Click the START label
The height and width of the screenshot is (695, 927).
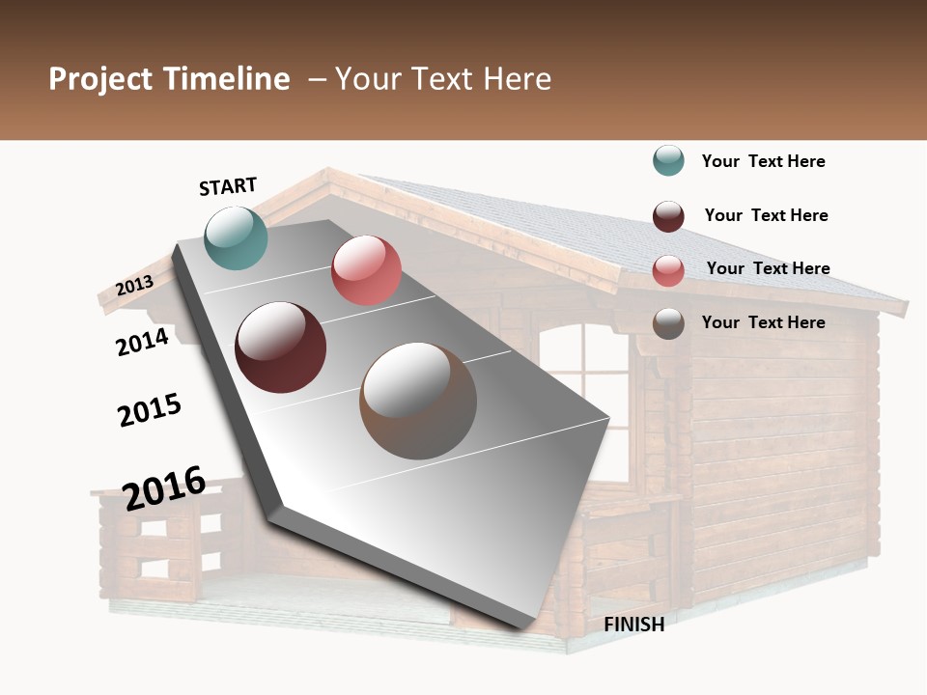tap(228, 186)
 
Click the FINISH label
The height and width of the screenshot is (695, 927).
tap(634, 625)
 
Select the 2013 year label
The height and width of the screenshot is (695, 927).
tap(134, 286)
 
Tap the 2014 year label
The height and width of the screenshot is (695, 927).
tap(143, 342)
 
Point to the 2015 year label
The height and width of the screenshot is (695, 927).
tap(150, 409)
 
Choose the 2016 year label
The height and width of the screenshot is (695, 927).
tap(164, 487)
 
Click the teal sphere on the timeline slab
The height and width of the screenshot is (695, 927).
tap(237, 237)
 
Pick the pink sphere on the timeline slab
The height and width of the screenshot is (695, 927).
tap(366, 270)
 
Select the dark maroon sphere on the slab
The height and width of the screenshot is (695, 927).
tap(281, 347)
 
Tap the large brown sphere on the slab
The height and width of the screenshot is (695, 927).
tap(418, 401)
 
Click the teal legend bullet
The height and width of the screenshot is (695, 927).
tap(668, 161)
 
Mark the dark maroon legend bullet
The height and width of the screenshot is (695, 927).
tap(668, 216)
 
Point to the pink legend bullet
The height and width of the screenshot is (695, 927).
tap(668, 270)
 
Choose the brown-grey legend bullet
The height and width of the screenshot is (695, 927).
tap(668, 323)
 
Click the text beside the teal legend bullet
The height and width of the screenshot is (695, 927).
tap(764, 161)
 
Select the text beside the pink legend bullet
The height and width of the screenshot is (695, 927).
tap(769, 268)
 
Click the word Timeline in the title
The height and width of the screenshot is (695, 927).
tap(227, 79)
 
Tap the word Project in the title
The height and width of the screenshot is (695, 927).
tap(100, 79)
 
